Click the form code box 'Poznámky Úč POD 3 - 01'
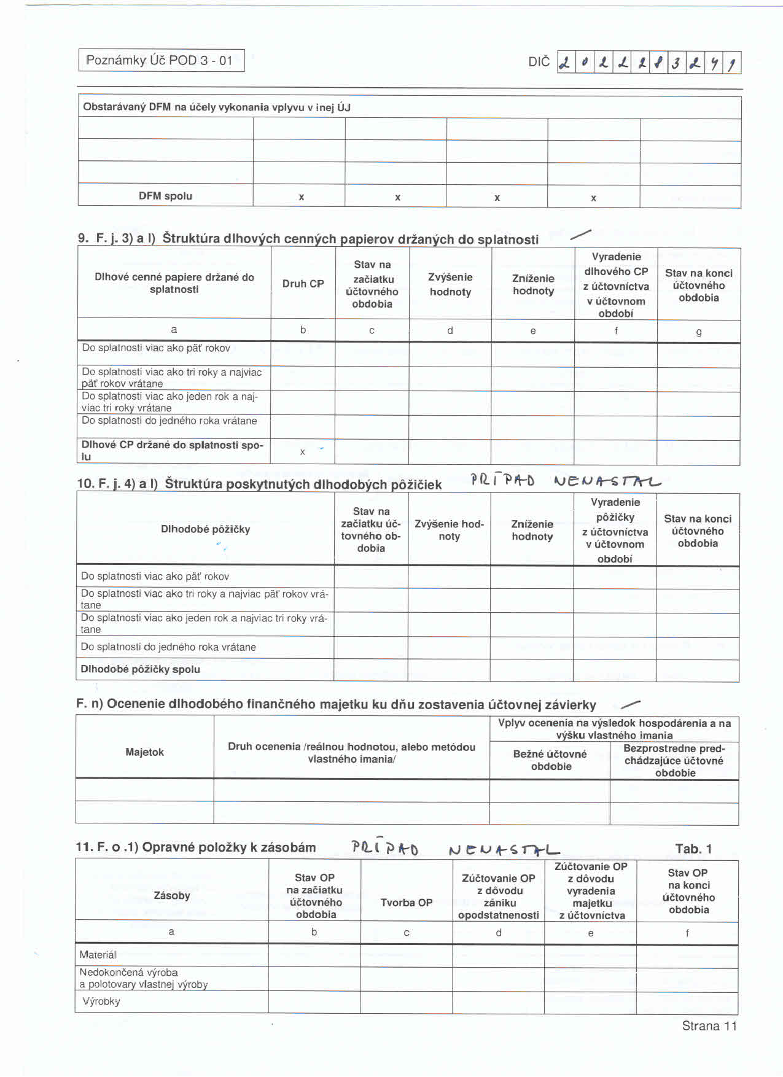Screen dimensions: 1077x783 [x=162, y=60]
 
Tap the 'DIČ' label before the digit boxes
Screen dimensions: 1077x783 [x=539, y=62]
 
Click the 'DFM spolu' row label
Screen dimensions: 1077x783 [x=165, y=196]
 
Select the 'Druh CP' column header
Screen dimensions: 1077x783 [x=303, y=284]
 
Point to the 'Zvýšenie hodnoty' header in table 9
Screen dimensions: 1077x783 [x=450, y=284]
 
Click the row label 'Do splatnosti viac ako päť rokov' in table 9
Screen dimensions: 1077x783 [x=156, y=348]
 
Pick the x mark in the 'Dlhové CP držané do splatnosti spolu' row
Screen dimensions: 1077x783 [x=302, y=452]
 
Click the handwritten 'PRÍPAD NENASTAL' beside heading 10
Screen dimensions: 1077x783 [x=565, y=481]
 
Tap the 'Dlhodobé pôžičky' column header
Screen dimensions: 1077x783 [x=205, y=529]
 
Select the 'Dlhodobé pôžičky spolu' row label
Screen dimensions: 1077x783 [x=141, y=669]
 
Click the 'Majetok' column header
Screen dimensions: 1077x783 [x=144, y=752]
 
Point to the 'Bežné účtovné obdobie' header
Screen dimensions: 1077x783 [x=550, y=760]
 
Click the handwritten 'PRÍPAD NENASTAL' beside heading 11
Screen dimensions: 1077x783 [x=454, y=849]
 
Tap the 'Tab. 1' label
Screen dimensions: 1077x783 [x=693, y=849]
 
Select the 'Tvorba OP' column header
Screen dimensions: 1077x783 [x=406, y=903]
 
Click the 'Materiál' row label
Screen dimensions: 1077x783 [x=98, y=955]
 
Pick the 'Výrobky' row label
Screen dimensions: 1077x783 [x=101, y=1001]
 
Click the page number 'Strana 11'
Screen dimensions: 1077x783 [x=709, y=1026]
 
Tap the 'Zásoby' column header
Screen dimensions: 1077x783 [x=172, y=896]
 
